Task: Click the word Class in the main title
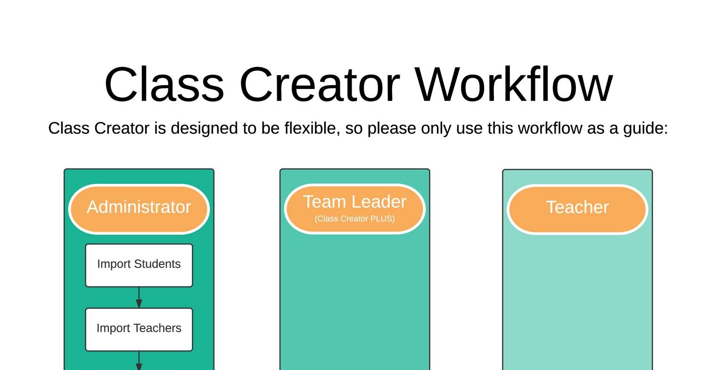pyautogui.click(x=164, y=85)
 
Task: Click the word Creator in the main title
pyautogui.click(x=320, y=85)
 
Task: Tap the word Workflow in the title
pyautogui.click(x=514, y=85)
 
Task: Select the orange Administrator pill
pyautogui.click(x=139, y=208)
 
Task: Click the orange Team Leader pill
pyautogui.click(x=354, y=208)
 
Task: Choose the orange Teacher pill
pyautogui.click(x=577, y=208)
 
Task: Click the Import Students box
pyautogui.click(x=139, y=265)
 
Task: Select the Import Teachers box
pyautogui.click(x=139, y=329)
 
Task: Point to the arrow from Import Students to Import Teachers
pyautogui.click(x=139, y=298)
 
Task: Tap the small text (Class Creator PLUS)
pyautogui.click(x=354, y=219)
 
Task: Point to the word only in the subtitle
pyautogui.click(x=436, y=128)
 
